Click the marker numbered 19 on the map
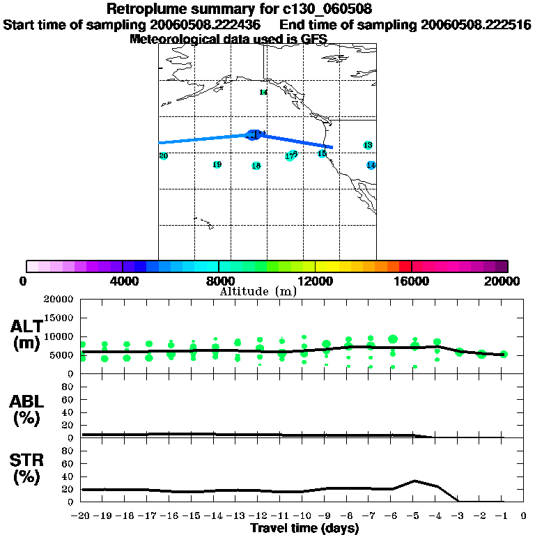tap(217, 164)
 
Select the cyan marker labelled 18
tap(256, 166)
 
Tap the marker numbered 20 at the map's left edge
tap(164, 156)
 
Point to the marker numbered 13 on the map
tap(368, 145)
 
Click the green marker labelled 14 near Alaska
tap(263, 92)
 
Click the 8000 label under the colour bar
tap(218, 281)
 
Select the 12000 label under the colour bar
tap(316, 281)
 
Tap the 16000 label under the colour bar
tap(412, 281)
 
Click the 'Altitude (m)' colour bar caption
tap(258, 291)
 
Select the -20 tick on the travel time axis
tap(81, 516)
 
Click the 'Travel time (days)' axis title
tap(304, 528)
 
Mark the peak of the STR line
tap(415, 481)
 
